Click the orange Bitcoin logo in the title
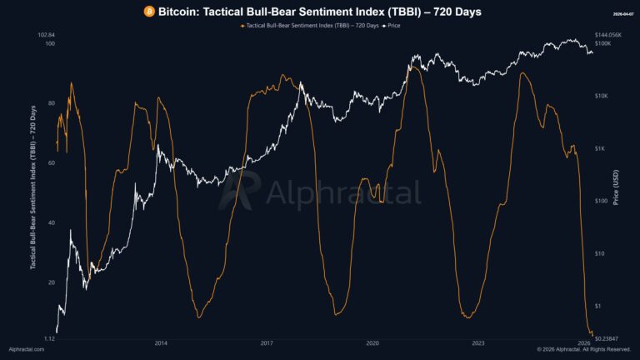point(149,12)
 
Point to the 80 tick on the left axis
point(51,103)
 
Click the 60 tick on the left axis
point(51,163)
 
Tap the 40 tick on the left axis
point(51,223)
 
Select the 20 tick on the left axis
point(51,283)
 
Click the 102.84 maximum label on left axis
point(47,35)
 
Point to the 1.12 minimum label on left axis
point(48,339)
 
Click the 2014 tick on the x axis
point(161,342)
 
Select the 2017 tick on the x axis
point(267,342)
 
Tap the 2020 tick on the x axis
point(372,342)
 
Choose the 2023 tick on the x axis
point(478,342)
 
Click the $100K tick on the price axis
point(603,43)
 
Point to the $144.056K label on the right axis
point(608,35)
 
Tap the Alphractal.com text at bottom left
point(26,350)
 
